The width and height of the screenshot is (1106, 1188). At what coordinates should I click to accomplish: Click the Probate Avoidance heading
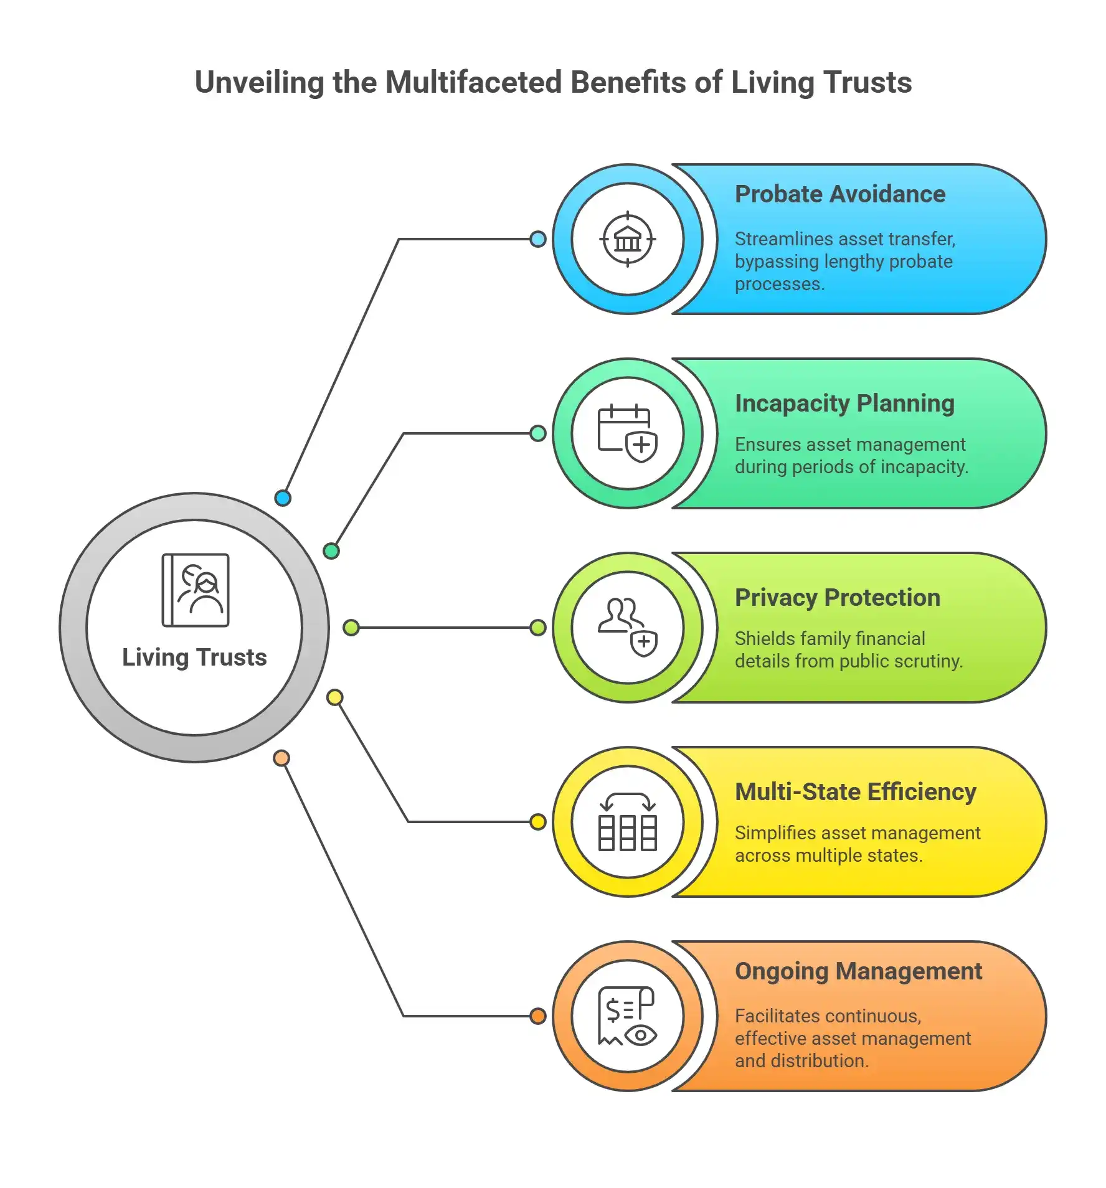[x=839, y=194]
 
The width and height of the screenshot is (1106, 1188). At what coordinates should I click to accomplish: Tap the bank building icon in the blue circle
[x=627, y=239]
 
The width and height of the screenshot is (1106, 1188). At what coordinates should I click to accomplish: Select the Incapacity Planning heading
[x=844, y=403]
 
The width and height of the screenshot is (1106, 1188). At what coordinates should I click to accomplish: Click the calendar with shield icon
[x=627, y=433]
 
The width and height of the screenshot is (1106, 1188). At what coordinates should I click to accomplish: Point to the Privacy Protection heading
[x=837, y=598]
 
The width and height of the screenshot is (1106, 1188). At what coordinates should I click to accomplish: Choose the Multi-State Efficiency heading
[x=855, y=792]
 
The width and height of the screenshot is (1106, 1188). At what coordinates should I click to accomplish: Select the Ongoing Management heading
[x=858, y=971]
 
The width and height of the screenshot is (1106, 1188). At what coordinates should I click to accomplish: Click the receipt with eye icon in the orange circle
[x=627, y=1016]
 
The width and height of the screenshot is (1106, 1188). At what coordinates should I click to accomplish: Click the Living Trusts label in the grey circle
[x=194, y=658]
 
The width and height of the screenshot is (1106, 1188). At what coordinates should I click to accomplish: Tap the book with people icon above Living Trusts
[x=196, y=590]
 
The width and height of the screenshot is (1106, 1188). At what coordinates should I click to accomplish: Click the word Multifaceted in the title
[x=473, y=82]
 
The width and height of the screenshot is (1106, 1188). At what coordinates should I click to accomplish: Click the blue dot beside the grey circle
[x=283, y=498]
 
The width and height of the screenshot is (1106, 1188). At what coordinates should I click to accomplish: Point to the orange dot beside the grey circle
[x=281, y=758]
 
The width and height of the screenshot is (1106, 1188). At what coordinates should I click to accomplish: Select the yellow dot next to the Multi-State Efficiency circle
[x=538, y=822]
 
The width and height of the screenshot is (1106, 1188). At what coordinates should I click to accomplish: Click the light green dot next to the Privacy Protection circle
[x=538, y=628]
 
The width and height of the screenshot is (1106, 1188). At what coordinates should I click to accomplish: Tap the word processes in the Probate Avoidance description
[x=778, y=285]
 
